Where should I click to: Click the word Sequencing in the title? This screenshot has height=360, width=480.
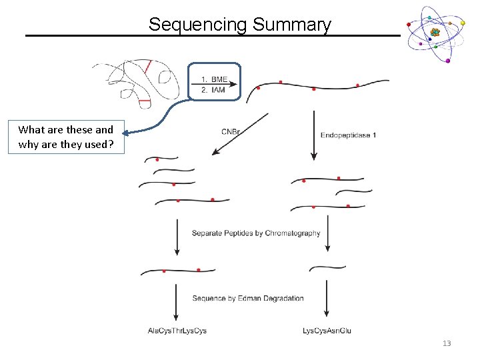coord(198,25)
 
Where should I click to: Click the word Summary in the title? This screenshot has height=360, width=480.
coord(292,25)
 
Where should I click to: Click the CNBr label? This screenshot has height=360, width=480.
coord(231,132)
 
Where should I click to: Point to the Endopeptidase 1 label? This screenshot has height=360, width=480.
coord(348,135)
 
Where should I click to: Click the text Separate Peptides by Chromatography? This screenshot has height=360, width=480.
coord(256,233)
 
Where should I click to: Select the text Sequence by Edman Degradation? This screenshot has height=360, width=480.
coord(247,298)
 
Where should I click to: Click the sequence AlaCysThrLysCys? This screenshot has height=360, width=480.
coord(177,331)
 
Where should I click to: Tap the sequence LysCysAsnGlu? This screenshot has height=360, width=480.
coord(327,331)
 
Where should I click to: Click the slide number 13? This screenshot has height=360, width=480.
coord(446,343)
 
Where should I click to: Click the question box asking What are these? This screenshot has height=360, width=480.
coord(66,137)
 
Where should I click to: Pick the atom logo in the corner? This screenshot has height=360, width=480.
coord(435,33)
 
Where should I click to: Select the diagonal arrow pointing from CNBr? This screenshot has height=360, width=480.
coord(240,134)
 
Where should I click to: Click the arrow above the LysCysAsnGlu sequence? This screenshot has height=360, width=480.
coord(326,298)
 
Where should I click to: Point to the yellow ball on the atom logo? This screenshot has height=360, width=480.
coord(463,23)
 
